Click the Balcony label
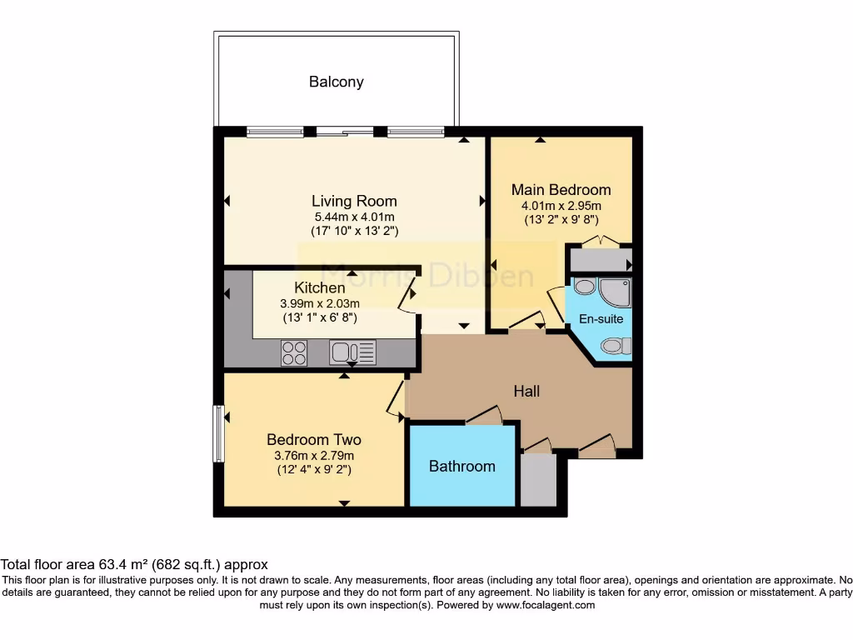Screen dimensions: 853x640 337,82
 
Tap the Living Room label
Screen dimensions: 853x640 354,201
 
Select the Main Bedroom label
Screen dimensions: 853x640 561,190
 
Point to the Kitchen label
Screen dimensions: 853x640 320,287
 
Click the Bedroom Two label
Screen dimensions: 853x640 314,439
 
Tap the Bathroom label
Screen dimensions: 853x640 461,467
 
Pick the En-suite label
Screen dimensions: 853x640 601,319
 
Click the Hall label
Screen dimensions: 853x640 526,392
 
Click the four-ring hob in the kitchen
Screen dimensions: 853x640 294,352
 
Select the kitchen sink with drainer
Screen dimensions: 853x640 352,352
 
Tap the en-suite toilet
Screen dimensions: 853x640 617,346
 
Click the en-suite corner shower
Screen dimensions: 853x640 615,292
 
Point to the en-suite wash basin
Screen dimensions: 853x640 585,287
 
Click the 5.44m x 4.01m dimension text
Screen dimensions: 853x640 355,217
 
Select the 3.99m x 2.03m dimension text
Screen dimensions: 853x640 320,303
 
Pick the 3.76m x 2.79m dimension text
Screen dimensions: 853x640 314,456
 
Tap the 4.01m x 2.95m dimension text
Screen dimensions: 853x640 561,206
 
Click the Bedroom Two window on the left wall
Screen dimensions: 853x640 218,433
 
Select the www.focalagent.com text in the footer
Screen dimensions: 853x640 546,605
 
